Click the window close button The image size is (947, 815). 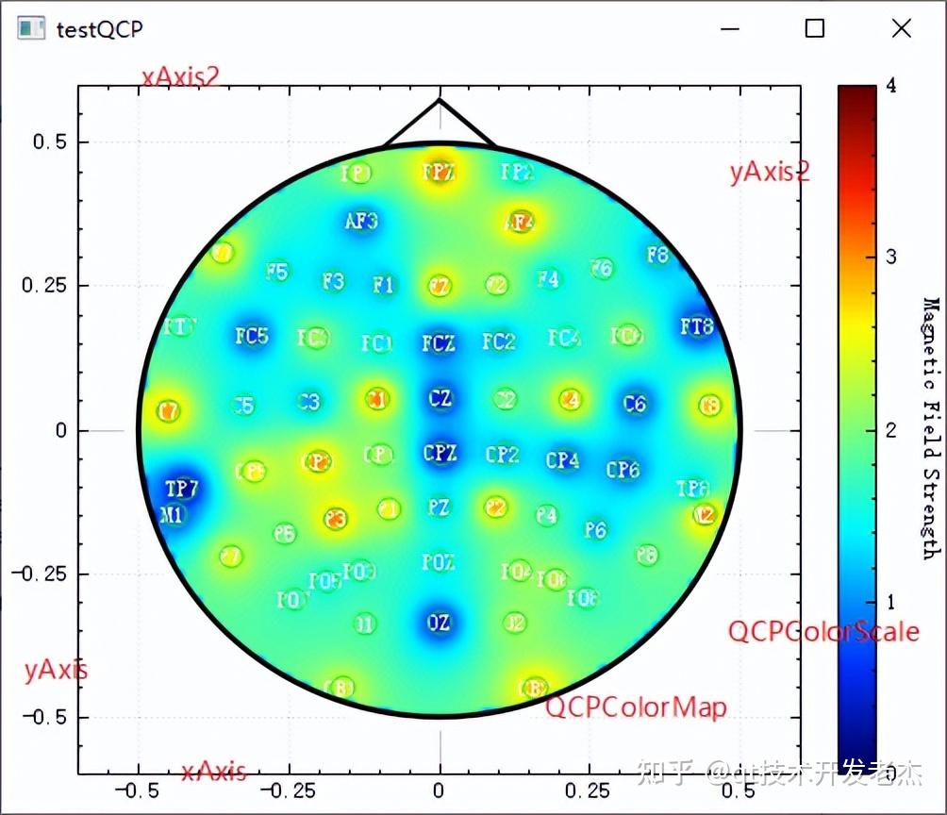point(902,28)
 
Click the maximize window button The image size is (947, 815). point(815,28)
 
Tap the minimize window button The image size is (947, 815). point(729,28)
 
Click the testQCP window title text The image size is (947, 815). point(99,29)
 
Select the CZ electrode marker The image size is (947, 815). point(440,397)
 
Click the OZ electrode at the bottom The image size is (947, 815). point(439,623)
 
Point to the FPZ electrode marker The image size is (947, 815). point(438,172)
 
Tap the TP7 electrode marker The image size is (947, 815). point(181,489)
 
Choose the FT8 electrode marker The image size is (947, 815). point(697,327)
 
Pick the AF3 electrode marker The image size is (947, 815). point(361,222)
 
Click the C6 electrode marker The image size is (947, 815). point(635,404)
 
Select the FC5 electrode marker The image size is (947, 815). point(252,336)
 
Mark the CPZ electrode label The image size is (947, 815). point(440,453)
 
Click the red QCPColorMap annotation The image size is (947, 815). point(637,707)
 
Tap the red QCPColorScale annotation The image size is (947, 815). point(822,631)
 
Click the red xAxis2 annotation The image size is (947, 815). point(180,76)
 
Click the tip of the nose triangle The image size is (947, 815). point(440,100)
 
